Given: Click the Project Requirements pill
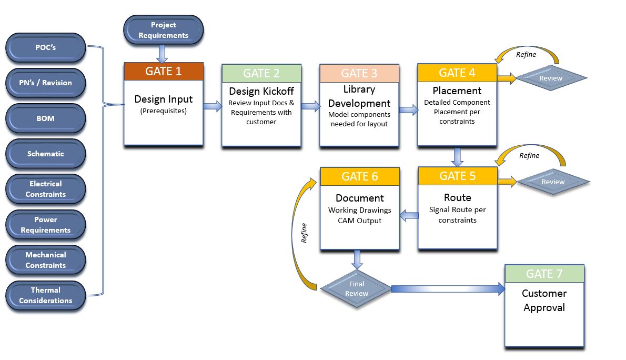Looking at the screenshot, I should [163, 30].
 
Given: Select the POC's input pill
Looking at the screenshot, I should [45, 47].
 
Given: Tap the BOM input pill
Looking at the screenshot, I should [45, 118].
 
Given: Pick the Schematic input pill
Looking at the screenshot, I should [45, 154].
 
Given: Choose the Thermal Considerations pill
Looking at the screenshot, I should [45, 295].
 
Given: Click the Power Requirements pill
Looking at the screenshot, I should [45, 225].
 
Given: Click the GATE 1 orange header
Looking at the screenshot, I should [163, 72].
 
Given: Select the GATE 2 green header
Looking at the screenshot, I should [261, 73].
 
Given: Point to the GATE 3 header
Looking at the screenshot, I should [359, 73].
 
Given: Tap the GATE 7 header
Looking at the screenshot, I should [544, 274].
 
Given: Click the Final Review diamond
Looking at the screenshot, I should [356, 288].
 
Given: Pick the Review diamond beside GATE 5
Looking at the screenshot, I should [552, 182].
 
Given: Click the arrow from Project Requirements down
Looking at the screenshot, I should [163, 53].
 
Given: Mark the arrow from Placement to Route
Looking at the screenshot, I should [457, 156].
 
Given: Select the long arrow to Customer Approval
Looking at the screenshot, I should [447, 288].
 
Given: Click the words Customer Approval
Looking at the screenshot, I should [544, 300].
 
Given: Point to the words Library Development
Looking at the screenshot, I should [359, 96].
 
